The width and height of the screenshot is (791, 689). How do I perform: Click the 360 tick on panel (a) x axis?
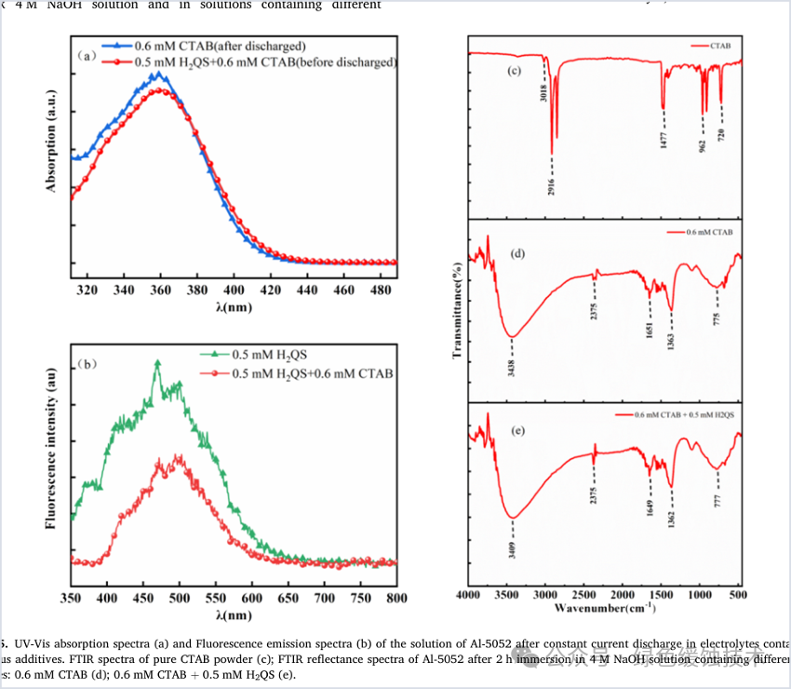coord(160,290)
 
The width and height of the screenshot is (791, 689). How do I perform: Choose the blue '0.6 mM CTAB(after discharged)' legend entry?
coord(214,45)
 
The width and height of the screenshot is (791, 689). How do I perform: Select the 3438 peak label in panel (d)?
coord(512,356)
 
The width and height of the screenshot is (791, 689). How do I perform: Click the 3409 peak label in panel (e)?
coord(512,540)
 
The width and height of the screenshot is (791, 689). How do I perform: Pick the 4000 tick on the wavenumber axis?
coord(468,594)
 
